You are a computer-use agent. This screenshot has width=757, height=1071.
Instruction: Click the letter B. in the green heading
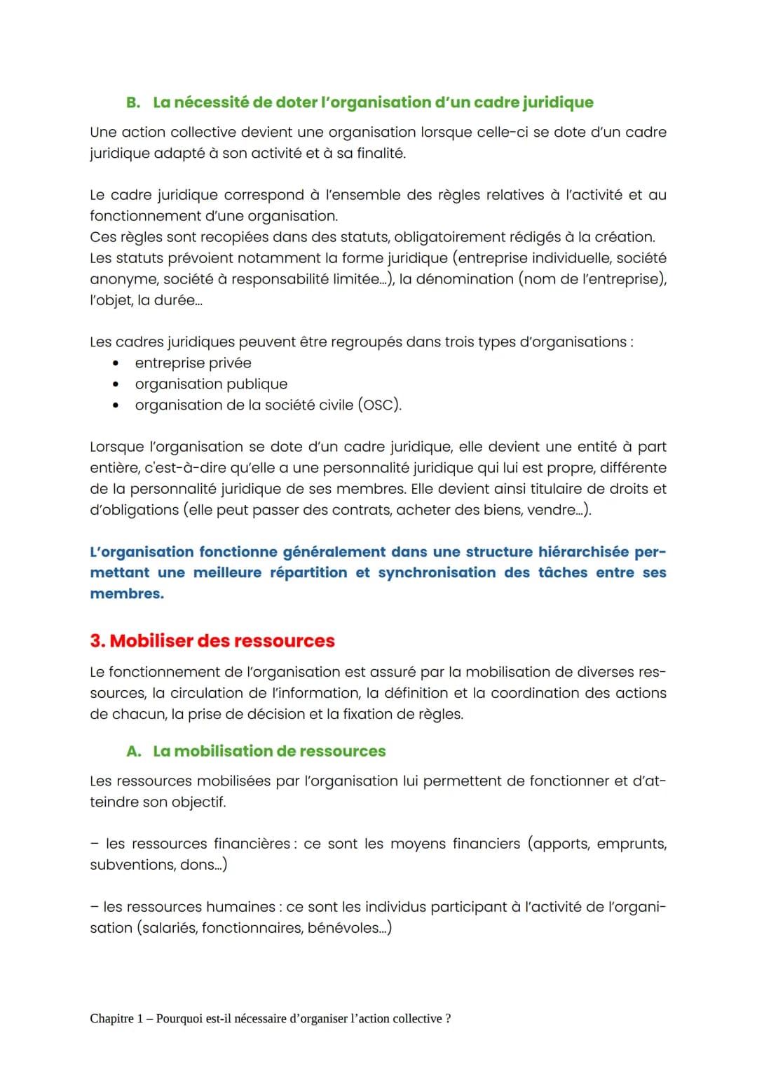(133, 102)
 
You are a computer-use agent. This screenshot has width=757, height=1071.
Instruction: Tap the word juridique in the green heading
(558, 102)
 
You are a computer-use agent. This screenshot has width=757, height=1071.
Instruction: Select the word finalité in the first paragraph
(381, 153)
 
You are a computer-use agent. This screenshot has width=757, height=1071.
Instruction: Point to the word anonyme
(123, 279)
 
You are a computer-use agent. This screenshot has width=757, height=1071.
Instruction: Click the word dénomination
(465, 279)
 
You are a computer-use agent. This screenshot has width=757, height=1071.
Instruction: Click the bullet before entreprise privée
(115, 363)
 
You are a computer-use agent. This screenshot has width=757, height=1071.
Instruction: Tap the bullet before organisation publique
(115, 384)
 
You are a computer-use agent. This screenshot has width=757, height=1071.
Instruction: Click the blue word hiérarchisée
(583, 552)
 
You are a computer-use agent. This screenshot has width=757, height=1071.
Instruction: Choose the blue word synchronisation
(437, 573)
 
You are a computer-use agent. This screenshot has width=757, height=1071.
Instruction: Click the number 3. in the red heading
(97, 641)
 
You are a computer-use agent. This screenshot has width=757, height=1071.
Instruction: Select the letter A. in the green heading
(134, 751)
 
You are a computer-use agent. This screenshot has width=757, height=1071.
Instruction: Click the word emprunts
(630, 844)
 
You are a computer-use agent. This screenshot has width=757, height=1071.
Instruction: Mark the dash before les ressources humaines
(94, 907)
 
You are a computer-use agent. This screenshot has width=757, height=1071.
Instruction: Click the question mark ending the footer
(448, 1018)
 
